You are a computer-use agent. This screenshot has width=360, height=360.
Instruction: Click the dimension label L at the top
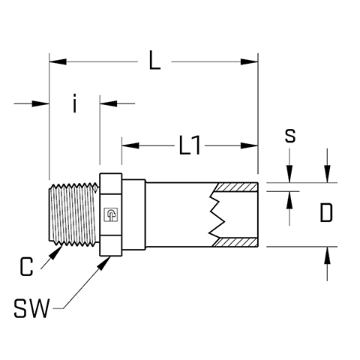154,60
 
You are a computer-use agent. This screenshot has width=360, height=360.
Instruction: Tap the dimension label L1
190,145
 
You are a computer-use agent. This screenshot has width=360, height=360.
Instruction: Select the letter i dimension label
74,103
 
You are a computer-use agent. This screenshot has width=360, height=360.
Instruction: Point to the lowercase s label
290,136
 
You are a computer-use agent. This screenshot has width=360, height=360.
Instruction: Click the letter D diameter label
326,213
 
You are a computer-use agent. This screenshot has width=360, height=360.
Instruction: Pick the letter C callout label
26,266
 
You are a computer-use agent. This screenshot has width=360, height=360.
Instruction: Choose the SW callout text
31,308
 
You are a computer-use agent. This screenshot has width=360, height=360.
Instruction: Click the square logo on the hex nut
111,214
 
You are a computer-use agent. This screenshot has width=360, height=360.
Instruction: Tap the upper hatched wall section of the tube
235,187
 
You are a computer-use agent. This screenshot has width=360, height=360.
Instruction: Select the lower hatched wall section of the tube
235,242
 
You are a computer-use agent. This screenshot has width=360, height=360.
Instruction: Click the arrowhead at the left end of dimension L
58,61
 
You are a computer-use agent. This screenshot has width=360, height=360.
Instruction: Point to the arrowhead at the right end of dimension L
249,61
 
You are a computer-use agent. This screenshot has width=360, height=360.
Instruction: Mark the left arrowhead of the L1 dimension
130,145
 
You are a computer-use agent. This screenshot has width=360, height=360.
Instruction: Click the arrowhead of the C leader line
56,252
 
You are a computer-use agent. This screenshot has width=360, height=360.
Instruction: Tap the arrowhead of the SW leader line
104,263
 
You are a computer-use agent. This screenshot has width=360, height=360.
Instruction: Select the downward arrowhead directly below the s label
289,174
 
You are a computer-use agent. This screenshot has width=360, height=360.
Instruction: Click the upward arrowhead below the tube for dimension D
327,255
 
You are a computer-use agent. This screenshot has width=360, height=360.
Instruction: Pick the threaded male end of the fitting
74,214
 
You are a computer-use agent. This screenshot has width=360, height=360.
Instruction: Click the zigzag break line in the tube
217,214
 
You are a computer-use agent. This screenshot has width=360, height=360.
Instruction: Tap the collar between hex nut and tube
133,214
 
